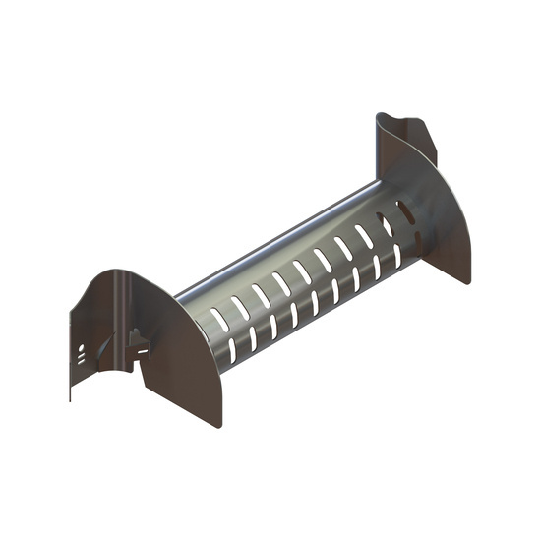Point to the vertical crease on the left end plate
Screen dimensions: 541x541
point(115,315)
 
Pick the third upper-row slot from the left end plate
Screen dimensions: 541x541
point(259,294)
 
